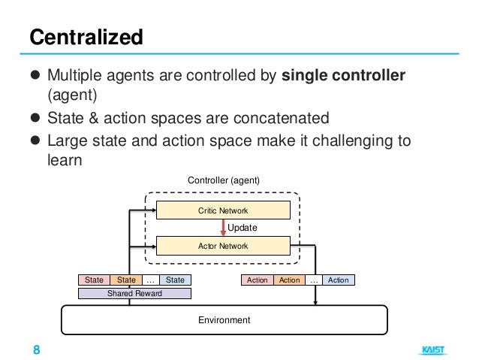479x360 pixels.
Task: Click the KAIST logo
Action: pyautogui.click(x=432, y=350)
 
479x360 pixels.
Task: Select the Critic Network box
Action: pyautogui.click(x=223, y=211)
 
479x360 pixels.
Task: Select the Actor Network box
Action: pyautogui.click(x=223, y=246)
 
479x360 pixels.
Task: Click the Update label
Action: pyautogui.click(x=243, y=228)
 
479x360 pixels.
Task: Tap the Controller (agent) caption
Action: pyautogui.click(x=223, y=180)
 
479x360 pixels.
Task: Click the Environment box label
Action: pyautogui.click(x=223, y=320)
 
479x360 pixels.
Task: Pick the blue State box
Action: pyautogui.click(x=175, y=280)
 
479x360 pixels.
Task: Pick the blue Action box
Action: pyautogui.click(x=339, y=280)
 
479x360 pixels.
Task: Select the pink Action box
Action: pyautogui.click(x=257, y=280)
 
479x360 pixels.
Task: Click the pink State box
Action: pyautogui.click(x=94, y=280)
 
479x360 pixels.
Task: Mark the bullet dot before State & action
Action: pyautogui.click(x=35, y=119)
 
